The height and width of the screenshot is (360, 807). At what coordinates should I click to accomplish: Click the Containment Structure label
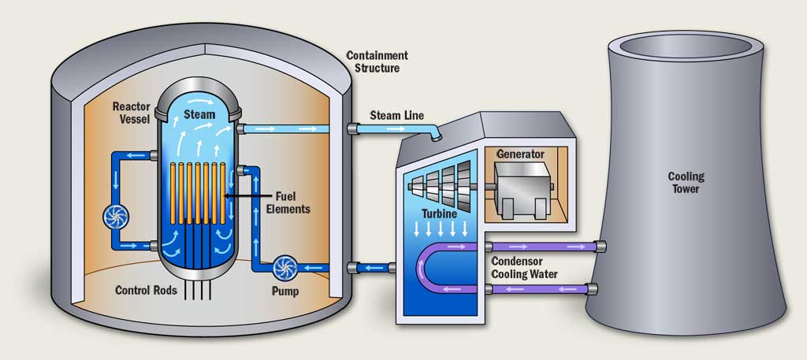(377, 61)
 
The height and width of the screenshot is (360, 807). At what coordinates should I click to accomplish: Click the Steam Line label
(397, 116)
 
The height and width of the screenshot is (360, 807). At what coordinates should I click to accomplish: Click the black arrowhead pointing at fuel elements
(227, 195)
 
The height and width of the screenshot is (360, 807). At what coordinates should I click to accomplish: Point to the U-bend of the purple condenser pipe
(426, 268)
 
